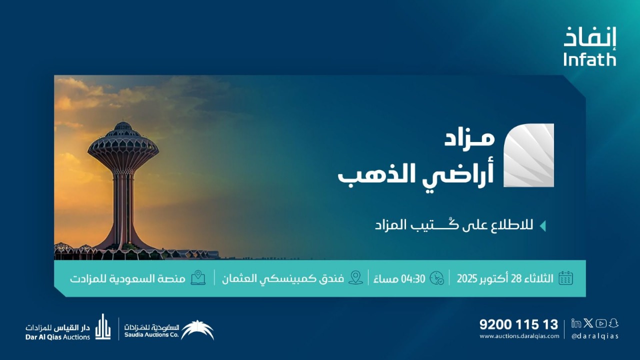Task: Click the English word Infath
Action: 589,59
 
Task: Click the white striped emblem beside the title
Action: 528,155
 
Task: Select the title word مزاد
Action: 469,138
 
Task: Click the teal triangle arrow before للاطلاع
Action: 542,225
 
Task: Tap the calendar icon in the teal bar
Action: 565,278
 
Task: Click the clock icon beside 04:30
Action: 436,278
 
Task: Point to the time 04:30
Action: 414,278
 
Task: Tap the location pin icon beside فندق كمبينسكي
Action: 355,277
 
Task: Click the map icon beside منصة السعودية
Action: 198,277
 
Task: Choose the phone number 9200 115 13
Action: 518,324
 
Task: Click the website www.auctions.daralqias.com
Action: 519,336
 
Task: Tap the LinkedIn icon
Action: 576,323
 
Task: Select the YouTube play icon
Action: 601,323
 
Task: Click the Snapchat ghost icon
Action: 613,323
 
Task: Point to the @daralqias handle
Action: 595,336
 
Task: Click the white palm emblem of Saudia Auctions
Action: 197,329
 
